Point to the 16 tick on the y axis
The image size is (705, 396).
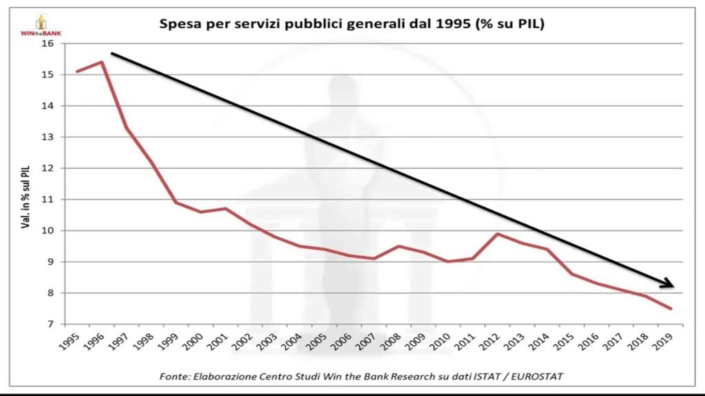point(48,43)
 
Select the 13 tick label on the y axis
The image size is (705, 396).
point(48,137)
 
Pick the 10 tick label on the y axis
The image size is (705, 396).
point(48,230)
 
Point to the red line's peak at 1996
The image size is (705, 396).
point(102,62)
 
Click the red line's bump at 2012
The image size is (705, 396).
point(498,234)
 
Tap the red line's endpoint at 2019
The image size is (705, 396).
point(671,309)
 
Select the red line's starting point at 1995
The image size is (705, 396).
point(76,71)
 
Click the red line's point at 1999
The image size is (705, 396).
point(175,202)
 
